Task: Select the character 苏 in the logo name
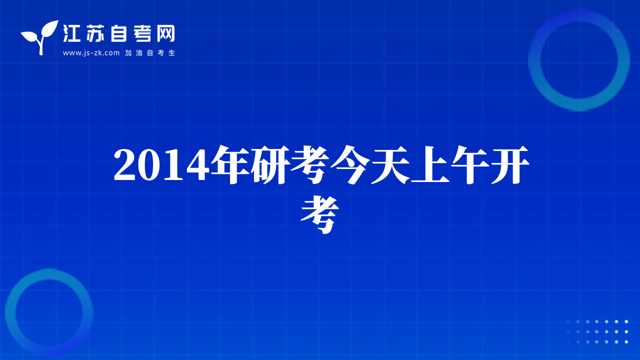(x=95, y=33)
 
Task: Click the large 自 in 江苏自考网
(x=118, y=33)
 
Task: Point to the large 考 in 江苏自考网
(x=142, y=33)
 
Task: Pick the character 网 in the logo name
(x=165, y=33)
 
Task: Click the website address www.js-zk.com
(x=91, y=53)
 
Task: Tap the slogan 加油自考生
(x=150, y=53)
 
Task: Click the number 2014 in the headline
(x=159, y=165)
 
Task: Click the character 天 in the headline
(x=390, y=164)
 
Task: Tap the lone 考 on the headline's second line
(x=319, y=214)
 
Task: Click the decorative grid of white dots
(x=597, y=331)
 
